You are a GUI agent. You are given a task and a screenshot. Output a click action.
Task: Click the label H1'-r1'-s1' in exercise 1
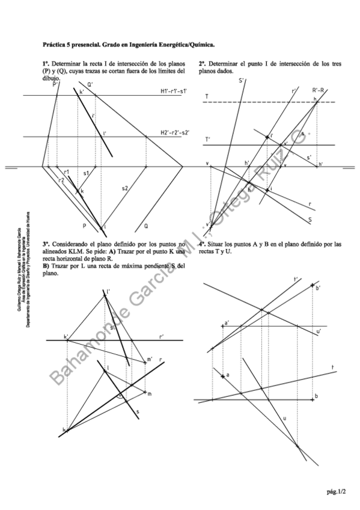tap(173, 91)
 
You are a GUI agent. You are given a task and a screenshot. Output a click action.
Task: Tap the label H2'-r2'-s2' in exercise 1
tap(174, 132)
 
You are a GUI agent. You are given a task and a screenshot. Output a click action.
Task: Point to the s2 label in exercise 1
tap(125, 188)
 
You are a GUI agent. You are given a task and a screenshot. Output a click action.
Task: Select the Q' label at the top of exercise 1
tap(90, 85)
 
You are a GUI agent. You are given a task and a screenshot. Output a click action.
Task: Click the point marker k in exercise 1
tap(78, 191)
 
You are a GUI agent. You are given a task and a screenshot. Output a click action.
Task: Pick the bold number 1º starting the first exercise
tap(46, 63)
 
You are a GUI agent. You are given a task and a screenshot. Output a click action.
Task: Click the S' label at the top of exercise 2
tap(241, 81)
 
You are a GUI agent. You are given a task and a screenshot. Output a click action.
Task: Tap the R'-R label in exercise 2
tap(319, 90)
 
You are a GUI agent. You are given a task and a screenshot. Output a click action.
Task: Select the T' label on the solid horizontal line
tap(207, 140)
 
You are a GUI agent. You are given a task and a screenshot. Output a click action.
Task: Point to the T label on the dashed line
tap(206, 96)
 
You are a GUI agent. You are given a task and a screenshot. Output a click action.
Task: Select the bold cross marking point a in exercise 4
tap(223, 376)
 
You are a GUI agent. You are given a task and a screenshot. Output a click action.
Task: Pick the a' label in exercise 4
tap(226, 322)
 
